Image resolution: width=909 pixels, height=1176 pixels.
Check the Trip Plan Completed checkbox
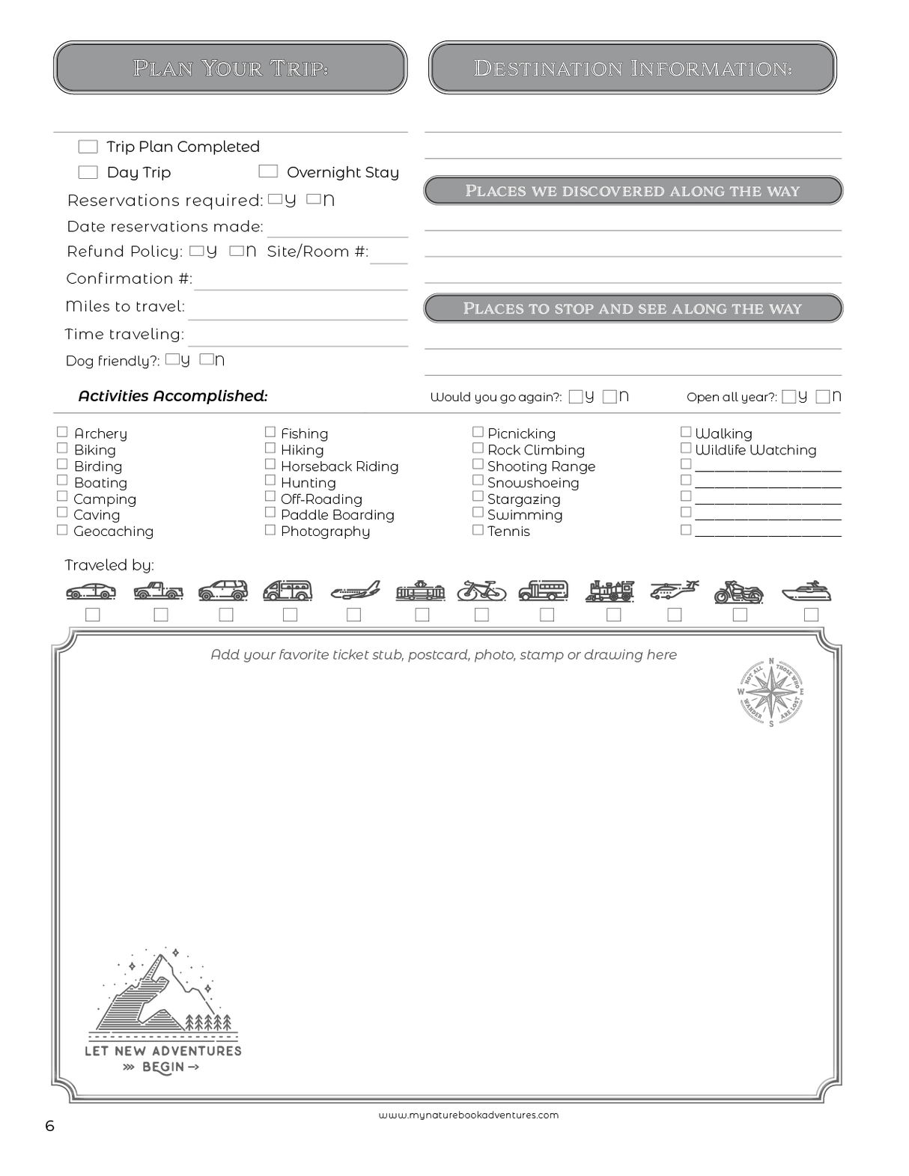pyautogui.click(x=88, y=147)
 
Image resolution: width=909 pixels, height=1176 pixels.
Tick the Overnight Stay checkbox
pyautogui.click(x=268, y=171)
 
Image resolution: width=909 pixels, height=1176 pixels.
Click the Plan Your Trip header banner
pyautogui.click(x=231, y=68)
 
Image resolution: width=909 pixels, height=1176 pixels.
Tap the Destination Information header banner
pyautogui.click(x=633, y=68)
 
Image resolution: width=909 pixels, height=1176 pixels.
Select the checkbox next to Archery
pyautogui.click(x=63, y=432)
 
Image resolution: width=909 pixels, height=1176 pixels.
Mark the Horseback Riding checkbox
pyautogui.click(x=270, y=464)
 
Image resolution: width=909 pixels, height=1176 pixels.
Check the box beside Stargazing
pyautogui.click(x=478, y=496)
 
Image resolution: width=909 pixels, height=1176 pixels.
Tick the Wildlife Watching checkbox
pyautogui.click(x=685, y=448)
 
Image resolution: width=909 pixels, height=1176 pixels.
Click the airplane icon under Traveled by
pyautogui.click(x=355, y=591)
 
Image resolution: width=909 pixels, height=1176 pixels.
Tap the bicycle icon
pyautogui.click(x=481, y=591)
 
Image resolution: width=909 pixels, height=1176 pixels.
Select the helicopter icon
pyautogui.click(x=674, y=591)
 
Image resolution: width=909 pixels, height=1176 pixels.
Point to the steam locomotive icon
pyautogui.click(x=611, y=591)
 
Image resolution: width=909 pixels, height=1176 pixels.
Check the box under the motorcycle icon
pyautogui.click(x=740, y=615)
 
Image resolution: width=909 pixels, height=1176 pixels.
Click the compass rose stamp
pyautogui.click(x=771, y=692)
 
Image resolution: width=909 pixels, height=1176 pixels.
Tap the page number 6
pyautogui.click(x=50, y=1126)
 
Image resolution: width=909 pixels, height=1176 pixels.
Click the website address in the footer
pyautogui.click(x=469, y=1115)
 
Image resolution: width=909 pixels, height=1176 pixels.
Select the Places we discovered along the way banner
pyautogui.click(x=633, y=191)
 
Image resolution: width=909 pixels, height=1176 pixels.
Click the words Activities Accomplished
pyautogui.click(x=173, y=396)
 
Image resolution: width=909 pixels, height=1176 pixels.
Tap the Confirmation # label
pyautogui.click(x=129, y=278)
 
